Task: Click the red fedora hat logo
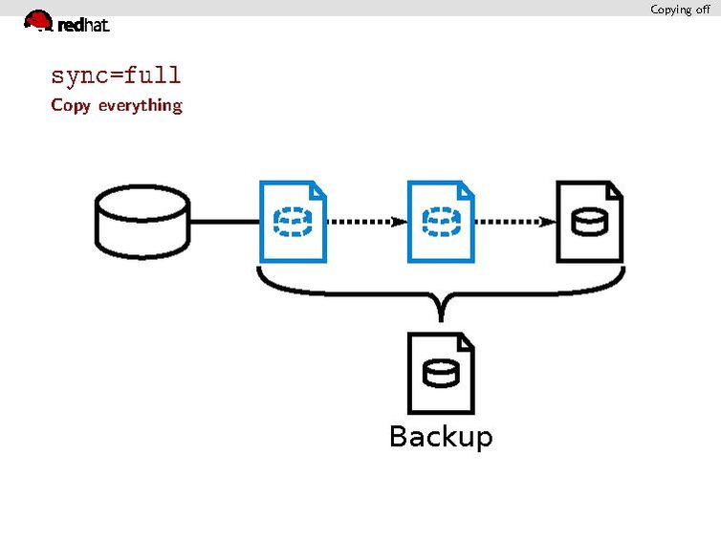click(x=38, y=20)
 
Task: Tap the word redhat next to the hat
click(x=83, y=26)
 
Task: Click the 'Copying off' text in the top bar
click(x=680, y=10)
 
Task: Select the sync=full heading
click(x=116, y=75)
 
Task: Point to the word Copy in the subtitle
click(x=70, y=105)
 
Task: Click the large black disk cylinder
click(x=142, y=222)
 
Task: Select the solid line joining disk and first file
click(x=224, y=222)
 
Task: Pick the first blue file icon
click(x=293, y=222)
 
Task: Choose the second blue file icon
click(x=440, y=222)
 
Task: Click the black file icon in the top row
click(x=589, y=222)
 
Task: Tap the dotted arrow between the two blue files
click(x=366, y=222)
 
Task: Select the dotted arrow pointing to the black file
click(x=514, y=222)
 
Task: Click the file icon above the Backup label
click(x=440, y=373)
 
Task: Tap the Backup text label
click(x=440, y=437)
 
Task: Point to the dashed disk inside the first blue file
click(x=288, y=223)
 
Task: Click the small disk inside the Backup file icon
click(x=440, y=374)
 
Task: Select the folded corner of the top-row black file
click(x=614, y=190)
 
